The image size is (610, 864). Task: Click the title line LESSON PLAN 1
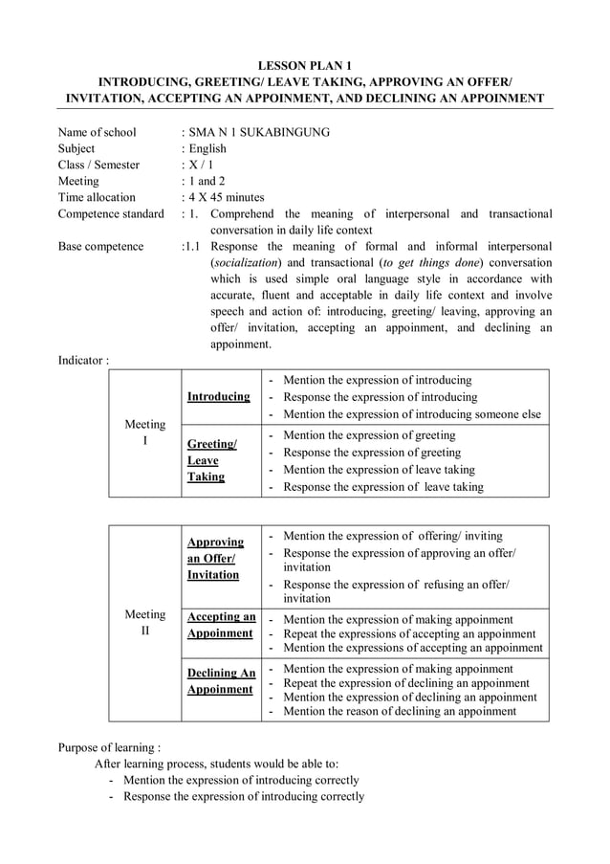tap(305, 65)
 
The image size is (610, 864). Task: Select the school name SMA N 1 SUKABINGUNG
tap(258, 132)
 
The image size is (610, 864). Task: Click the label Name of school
tap(97, 132)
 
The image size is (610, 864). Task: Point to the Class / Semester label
tap(98, 165)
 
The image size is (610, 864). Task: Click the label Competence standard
tap(111, 213)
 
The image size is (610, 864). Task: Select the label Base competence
tap(100, 246)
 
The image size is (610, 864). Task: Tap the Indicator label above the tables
tap(83, 360)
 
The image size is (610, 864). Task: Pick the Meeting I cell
tap(145, 432)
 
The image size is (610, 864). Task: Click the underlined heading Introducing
tap(219, 396)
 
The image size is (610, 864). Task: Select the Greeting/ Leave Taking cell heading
tap(211, 460)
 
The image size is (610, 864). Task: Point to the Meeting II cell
tap(145, 623)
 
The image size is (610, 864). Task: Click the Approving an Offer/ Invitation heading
tap(215, 558)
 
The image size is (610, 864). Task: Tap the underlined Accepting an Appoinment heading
tap(221, 625)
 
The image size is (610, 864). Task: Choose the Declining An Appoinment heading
tap(221, 680)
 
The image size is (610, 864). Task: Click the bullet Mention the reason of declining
tap(400, 711)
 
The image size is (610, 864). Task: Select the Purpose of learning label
tap(109, 747)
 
